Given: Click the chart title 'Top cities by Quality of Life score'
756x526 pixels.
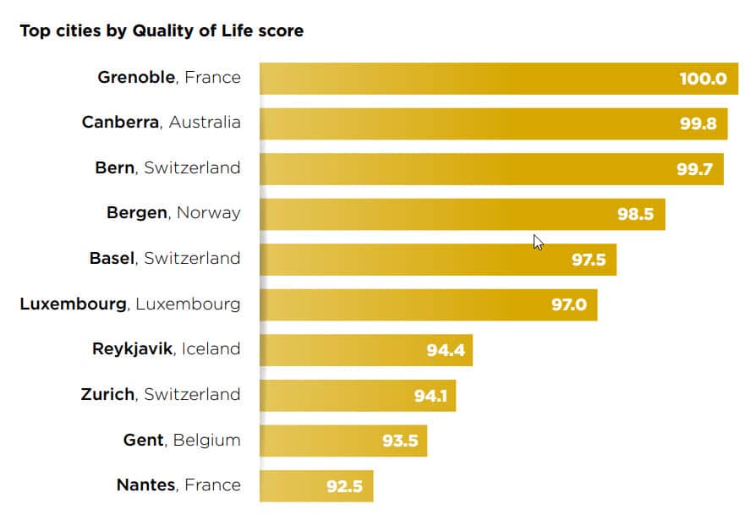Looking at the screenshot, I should point(162,31).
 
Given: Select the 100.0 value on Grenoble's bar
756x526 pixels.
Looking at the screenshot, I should point(703,79).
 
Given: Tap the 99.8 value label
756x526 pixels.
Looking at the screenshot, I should point(698,123).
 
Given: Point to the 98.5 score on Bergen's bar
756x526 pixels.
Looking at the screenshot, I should point(635,214).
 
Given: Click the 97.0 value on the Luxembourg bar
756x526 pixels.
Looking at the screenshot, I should point(568,304).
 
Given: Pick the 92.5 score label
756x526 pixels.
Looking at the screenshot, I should point(344,486).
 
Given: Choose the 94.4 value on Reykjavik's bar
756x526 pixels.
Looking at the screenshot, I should point(445,349).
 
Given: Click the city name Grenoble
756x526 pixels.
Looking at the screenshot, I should point(136,78).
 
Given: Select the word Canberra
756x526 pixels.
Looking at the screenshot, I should point(120,123).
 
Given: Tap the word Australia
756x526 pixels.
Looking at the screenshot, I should point(205,123).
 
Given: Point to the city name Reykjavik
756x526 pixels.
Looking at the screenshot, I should point(131,349).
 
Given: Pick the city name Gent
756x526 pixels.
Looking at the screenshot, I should point(144,440).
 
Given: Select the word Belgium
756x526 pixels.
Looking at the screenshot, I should point(207,440).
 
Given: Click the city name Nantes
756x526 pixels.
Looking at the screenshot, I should point(146,485).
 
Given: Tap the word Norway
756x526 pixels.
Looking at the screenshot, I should point(208,213).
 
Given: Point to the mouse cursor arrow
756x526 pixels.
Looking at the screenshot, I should point(538,242).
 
